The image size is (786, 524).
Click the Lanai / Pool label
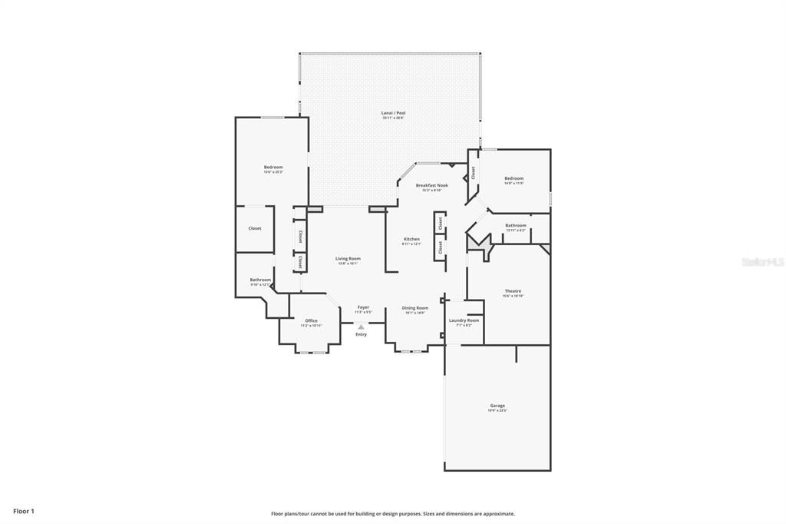tap(393, 113)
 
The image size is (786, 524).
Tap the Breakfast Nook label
tap(432, 185)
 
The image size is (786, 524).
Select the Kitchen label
tap(411, 239)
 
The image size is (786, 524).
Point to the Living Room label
tap(348, 258)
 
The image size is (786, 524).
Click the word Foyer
tap(363, 307)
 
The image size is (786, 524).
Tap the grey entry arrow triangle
tap(361, 327)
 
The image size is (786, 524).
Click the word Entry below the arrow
tap(361, 334)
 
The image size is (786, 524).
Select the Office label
tap(311, 320)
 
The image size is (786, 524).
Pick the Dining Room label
tap(415, 307)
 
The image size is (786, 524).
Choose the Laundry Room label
tap(464, 320)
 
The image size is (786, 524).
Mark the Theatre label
tap(513, 290)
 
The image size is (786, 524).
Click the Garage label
tap(497, 405)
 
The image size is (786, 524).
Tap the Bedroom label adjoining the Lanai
tap(273, 167)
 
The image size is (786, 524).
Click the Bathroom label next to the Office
tap(260, 280)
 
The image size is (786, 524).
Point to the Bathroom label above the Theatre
tap(515, 225)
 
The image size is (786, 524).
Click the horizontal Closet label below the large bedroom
tap(255, 228)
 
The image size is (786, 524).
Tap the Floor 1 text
tap(24, 511)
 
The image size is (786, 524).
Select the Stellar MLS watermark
tap(762, 262)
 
